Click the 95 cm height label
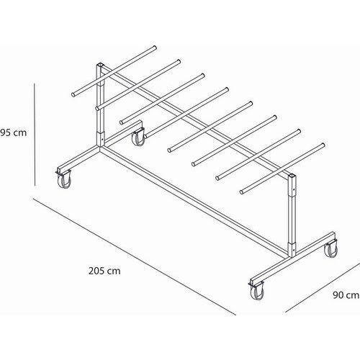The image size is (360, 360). point(14,132)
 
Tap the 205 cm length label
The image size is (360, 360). point(104,271)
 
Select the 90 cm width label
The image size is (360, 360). point(346,295)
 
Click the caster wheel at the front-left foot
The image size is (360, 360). point(64,179)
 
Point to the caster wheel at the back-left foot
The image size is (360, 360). point(139,137)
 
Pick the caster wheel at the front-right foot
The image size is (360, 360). point(257,290)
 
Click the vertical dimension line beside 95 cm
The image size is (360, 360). point(35,135)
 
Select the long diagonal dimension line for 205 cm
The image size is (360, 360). point(135,256)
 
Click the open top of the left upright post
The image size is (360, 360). point(100,65)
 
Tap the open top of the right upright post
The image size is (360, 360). point(292,176)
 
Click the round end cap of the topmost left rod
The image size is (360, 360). point(73,95)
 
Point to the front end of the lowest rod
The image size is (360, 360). point(242,192)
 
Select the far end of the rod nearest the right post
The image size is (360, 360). point(323,145)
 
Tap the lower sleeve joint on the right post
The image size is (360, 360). point(292,249)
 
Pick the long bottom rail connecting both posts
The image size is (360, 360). point(194,202)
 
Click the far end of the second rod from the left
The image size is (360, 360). point(179,61)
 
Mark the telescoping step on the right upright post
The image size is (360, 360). point(292,195)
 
